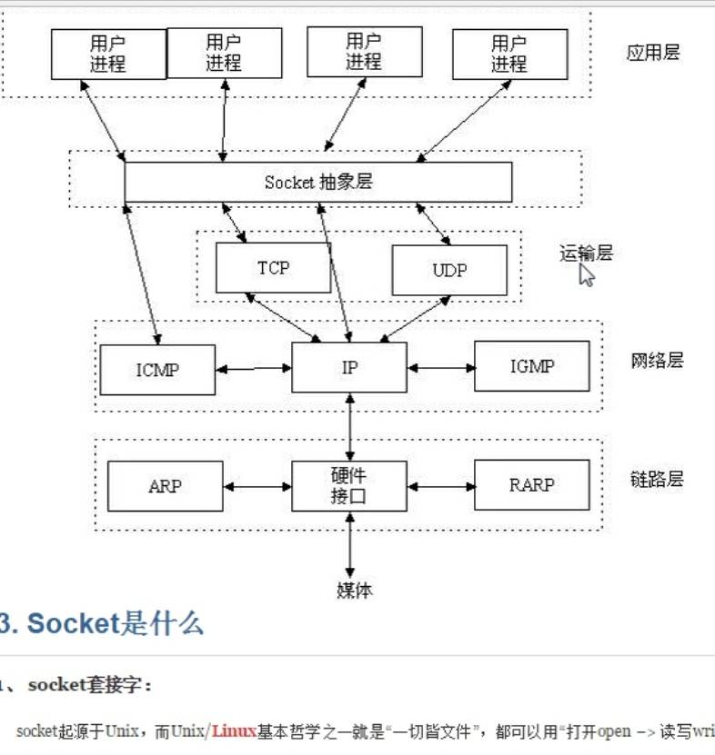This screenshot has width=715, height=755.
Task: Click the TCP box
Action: (x=273, y=268)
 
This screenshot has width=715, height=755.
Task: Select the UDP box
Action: (x=449, y=271)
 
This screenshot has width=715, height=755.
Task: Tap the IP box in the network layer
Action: (x=349, y=367)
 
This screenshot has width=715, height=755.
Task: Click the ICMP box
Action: (x=157, y=370)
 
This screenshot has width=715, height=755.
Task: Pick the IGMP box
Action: (x=532, y=366)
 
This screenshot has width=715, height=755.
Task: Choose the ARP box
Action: (x=165, y=486)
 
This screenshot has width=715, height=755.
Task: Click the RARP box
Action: (x=531, y=485)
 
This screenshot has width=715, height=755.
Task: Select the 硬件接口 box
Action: (x=349, y=486)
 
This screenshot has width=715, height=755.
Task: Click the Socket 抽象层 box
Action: (x=318, y=182)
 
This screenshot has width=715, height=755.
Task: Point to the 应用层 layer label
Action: (x=653, y=52)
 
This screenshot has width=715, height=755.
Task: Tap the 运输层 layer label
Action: (x=586, y=253)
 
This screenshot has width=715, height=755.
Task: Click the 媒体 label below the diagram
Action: (x=354, y=591)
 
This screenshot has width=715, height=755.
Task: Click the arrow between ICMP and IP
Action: (x=254, y=370)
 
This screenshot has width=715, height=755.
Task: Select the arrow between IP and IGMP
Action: (x=441, y=368)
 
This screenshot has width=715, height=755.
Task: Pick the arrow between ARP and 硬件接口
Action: (x=257, y=487)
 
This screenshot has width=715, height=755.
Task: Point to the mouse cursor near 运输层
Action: (x=586, y=274)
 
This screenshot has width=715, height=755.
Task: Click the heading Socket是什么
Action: (x=115, y=623)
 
